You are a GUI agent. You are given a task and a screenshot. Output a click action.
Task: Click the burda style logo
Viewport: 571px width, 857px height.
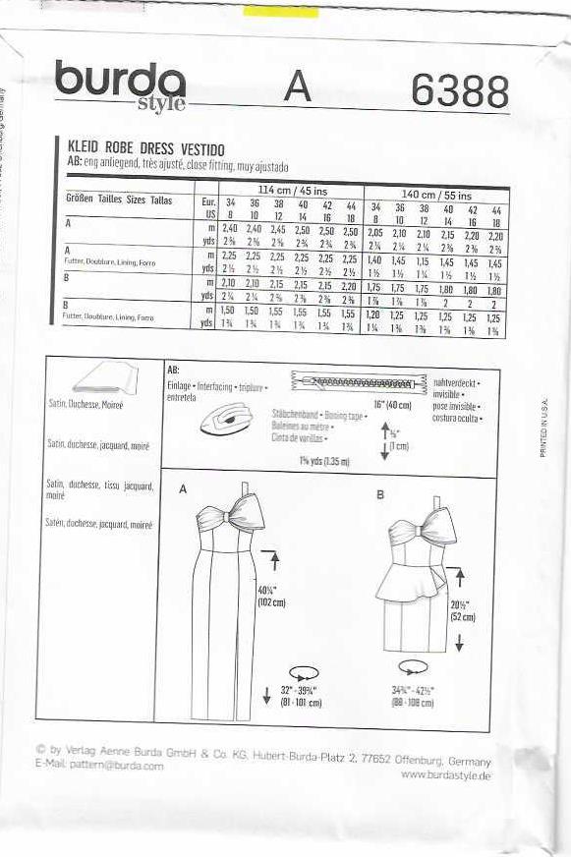[120, 86]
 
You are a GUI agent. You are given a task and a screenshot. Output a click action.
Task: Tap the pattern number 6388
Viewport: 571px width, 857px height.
[460, 91]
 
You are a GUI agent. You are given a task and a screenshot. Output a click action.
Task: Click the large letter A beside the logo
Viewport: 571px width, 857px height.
[298, 87]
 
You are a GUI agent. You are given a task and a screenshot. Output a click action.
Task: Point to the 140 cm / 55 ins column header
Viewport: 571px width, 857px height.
[433, 193]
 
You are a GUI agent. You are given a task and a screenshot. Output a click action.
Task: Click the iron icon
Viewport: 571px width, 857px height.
[228, 420]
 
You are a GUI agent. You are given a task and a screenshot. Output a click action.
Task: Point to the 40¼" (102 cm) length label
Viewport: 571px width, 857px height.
[271, 596]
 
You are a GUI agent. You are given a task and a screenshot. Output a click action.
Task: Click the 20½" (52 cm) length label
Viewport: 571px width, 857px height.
[461, 610]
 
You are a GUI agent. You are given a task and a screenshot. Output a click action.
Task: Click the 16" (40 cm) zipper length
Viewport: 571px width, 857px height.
[393, 403]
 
